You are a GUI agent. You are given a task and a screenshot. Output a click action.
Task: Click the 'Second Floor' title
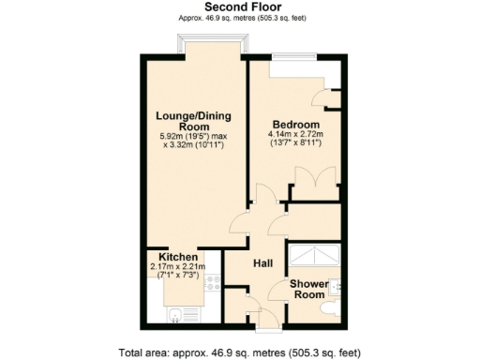click(x=239, y=7)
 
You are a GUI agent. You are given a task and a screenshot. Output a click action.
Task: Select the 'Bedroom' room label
click(x=296, y=125)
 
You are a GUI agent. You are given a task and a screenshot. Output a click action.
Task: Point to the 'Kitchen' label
click(x=178, y=257)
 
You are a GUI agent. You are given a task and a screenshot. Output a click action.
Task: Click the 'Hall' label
click(x=262, y=264)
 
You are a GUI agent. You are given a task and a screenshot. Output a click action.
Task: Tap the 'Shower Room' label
click(x=307, y=289)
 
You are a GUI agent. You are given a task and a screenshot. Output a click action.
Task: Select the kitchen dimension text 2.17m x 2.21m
click(x=178, y=267)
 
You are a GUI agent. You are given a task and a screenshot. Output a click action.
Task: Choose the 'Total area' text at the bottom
click(x=239, y=352)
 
